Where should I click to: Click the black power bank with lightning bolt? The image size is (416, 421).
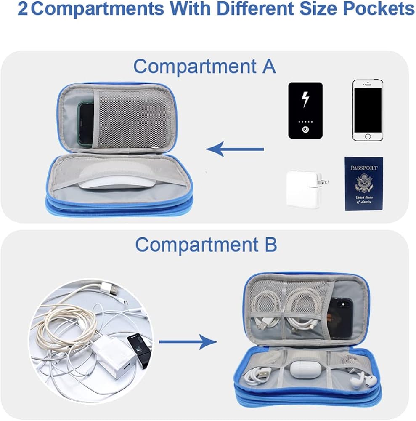coord(305,110)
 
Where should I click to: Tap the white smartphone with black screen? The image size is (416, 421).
coord(368,110)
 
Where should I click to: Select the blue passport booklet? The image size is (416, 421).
coord(364,184)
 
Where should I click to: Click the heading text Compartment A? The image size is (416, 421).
coord(204,67)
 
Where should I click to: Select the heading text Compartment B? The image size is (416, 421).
coord(206,245)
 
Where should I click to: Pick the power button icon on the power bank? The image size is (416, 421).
coord(305,130)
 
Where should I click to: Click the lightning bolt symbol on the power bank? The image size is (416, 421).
coord(305,99)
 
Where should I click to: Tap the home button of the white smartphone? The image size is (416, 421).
coord(368,136)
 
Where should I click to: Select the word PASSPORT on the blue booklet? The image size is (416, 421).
coord(364,168)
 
